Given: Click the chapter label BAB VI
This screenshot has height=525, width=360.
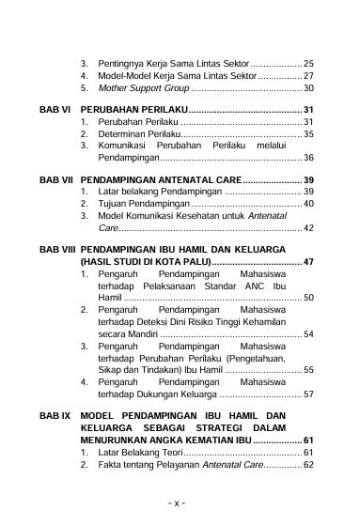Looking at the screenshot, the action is click(55, 110).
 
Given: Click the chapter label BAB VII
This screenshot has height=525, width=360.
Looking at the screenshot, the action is click(55, 179).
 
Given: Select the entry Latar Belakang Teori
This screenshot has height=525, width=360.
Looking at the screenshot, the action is click(137, 452).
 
